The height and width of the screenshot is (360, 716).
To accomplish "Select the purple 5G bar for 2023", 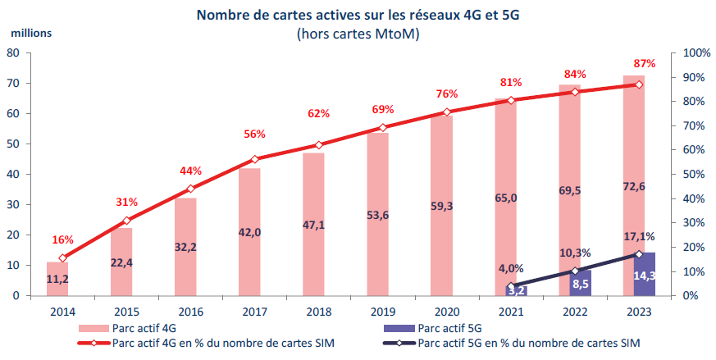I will [x=645, y=275].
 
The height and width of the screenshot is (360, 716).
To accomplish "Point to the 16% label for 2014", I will [x=62, y=239].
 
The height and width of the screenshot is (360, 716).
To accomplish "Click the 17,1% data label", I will [x=645, y=235].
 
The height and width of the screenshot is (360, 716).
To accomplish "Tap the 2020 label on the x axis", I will [x=445, y=312].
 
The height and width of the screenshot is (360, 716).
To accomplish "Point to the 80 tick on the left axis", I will [x=13, y=53].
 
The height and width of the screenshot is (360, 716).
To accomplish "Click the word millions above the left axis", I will [x=31, y=33].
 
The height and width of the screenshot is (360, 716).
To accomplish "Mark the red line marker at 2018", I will [x=320, y=144].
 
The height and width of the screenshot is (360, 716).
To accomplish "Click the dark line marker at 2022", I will [x=575, y=271].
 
